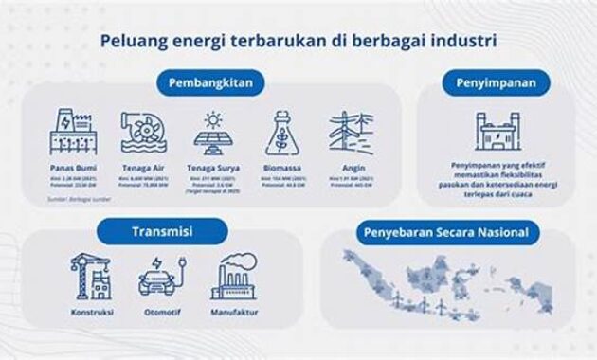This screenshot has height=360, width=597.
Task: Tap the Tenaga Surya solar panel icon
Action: pos(213,133)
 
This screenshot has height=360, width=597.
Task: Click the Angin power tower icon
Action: pos(351,133)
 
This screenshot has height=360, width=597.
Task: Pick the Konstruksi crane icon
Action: pos(92,276)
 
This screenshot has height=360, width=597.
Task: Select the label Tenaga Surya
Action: pos(213,168)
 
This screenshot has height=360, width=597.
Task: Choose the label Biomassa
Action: pos(281,168)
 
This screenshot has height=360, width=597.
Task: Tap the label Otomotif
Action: pos(157,312)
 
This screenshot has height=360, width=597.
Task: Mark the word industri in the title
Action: pos(464,41)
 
